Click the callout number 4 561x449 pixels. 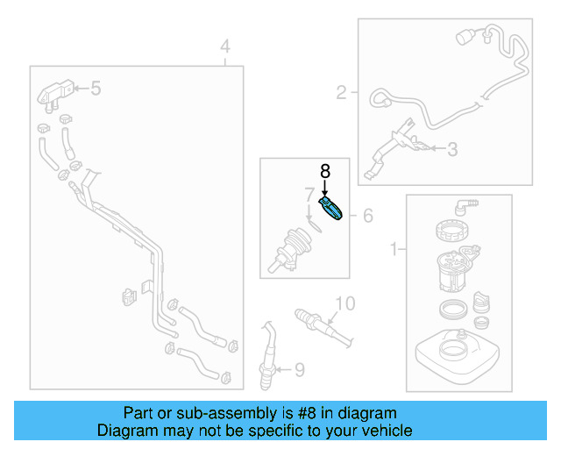point(225,46)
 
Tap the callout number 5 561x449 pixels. point(96,88)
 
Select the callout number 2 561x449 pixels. point(341,90)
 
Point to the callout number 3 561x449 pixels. point(451,150)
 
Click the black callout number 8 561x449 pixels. point(324,171)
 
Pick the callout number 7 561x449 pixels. point(309,193)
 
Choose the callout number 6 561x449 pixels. point(367,215)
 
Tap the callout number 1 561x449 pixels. point(392,250)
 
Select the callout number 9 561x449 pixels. point(299,370)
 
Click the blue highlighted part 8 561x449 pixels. point(333,210)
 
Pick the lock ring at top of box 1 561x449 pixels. point(454,234)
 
